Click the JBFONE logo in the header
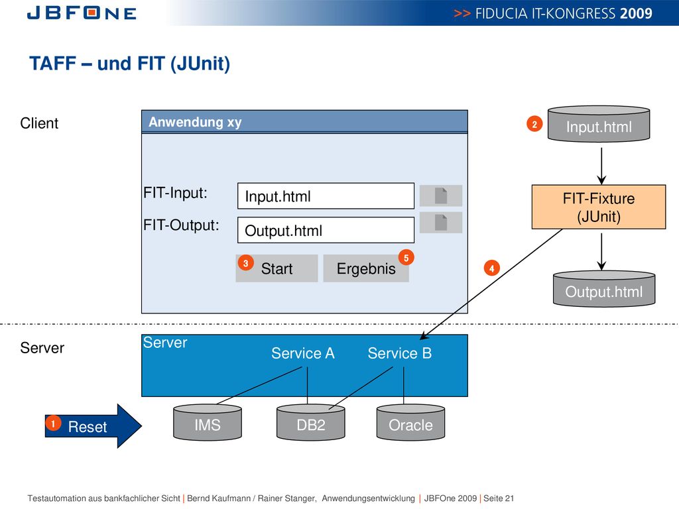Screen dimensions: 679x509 pos(82,13)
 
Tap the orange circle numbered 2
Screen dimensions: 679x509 pos(534,124)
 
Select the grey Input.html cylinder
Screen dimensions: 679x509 pos(599,124)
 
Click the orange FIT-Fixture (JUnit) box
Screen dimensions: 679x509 pos(599,207)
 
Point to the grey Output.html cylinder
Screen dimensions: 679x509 pos(603,289)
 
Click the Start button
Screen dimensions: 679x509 pos(277,268)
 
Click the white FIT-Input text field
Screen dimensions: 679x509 pos(326,196)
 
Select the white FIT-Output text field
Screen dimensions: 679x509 pos(326,230)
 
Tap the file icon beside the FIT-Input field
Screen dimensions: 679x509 pos(441,196)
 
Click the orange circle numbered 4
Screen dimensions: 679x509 pos(491,268)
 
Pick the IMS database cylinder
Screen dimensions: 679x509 pos(208,422)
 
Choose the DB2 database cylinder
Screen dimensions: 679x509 pos(311,422)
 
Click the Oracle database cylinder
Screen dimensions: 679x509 pos(410,422)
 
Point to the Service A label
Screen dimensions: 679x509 pos(302,353)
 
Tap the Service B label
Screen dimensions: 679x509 pos(400,353)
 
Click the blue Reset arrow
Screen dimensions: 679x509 pos(93,426)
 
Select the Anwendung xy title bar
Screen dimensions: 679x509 pos(304,122)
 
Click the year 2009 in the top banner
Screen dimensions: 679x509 pos(636,13)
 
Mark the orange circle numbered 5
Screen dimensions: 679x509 pos(406,258)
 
